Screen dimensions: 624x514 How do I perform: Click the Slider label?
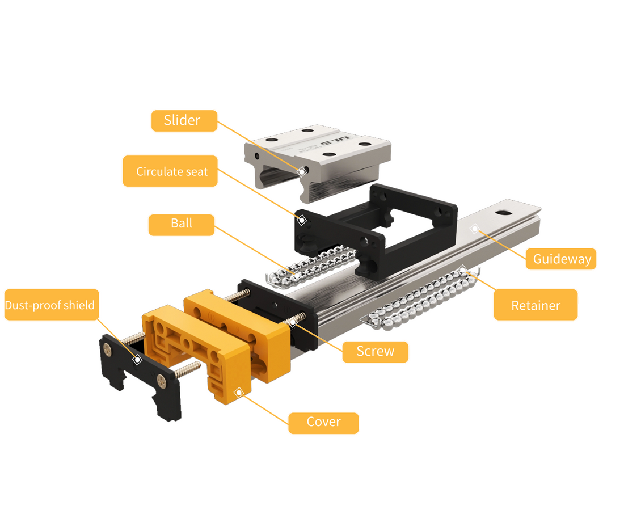[x=184, y=121]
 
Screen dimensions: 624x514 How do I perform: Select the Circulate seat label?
[x=170, y=171]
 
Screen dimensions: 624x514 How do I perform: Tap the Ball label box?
[x=182, y=225]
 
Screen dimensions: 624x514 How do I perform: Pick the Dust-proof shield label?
[x=52, y=305]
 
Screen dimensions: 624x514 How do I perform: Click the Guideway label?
[x=561, y=259]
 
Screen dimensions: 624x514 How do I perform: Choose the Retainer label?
[x=536, y=305]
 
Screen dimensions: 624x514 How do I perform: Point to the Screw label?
[x=376, y=352]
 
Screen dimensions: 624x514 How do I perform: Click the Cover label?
[x=323, y=423]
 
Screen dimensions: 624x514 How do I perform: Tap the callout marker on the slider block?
[x=302, y=171]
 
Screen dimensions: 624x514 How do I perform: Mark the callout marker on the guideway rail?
[x=474, y=229]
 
